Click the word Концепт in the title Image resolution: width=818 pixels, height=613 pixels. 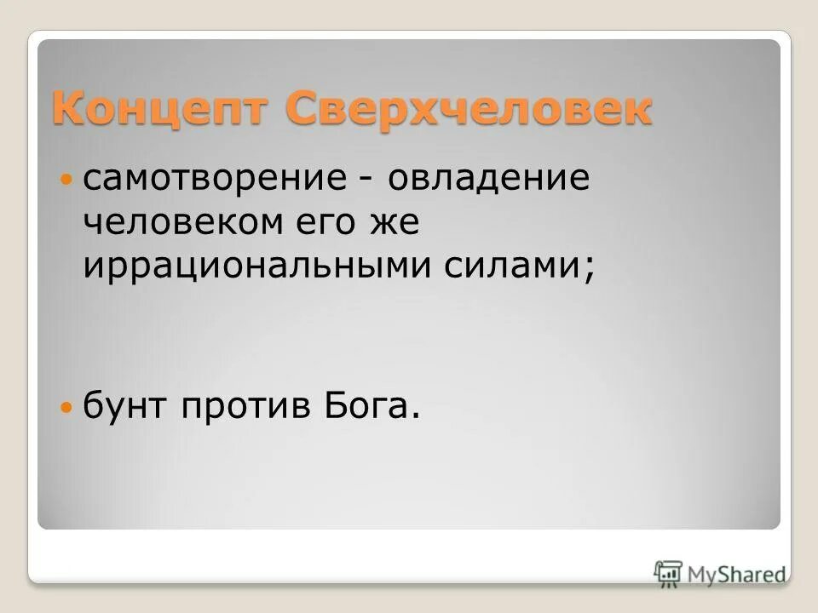[x=161, y=110]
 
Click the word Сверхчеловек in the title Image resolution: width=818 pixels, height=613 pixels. [x=469, y=110]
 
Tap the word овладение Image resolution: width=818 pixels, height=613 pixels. [x=489, y=180]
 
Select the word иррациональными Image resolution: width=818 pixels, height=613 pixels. [x=256, y=266]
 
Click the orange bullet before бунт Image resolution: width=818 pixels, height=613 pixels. [x=68, y=409]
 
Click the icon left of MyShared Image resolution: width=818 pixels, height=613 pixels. [x=668, y=573]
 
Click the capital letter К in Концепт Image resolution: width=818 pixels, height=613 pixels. [x=67, y=110]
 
